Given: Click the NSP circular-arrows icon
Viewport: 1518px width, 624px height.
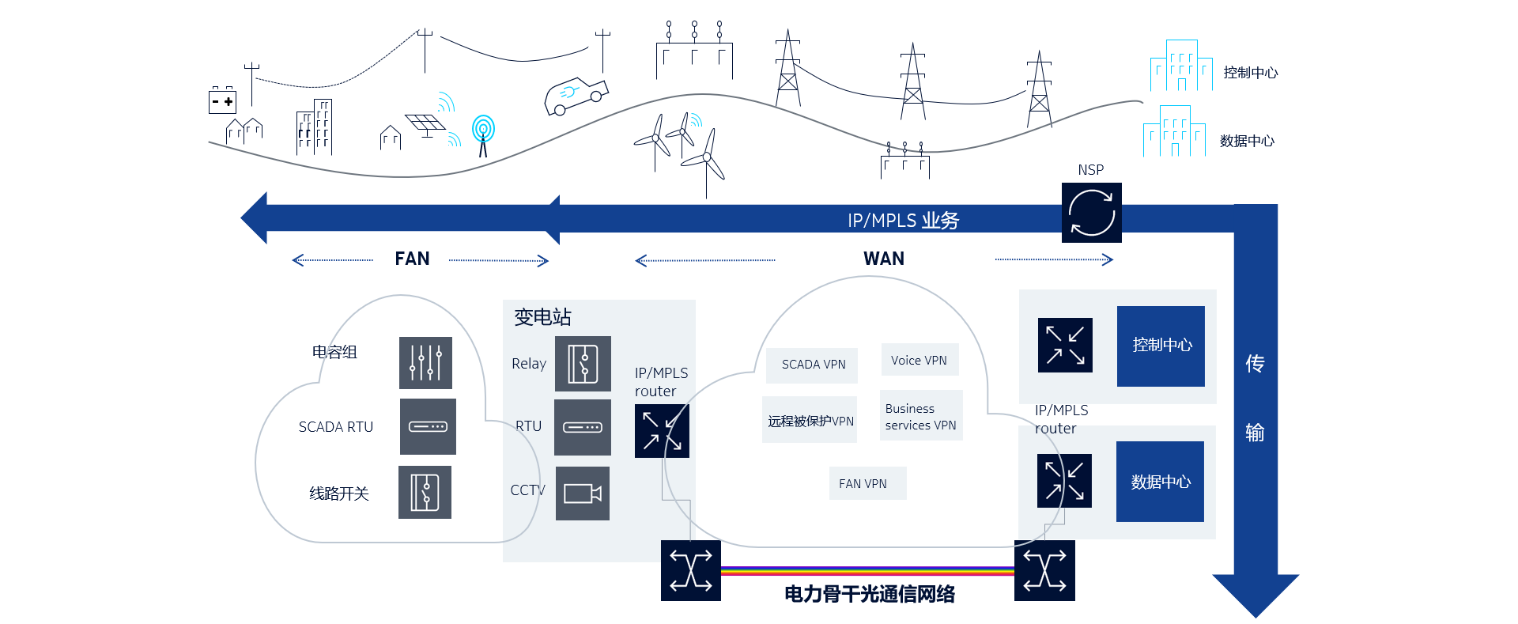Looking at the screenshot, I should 1091,213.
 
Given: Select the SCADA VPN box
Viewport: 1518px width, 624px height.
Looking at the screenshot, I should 813,364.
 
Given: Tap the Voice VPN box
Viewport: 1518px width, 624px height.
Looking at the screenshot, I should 919,360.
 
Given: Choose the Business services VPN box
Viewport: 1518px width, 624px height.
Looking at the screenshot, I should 920,416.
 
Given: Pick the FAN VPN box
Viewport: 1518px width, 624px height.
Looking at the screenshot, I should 863,483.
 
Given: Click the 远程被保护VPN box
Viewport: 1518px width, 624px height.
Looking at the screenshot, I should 810,421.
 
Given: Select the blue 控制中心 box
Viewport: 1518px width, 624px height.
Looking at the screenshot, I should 1161,346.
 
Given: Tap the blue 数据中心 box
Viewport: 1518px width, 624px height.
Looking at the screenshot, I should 1160,482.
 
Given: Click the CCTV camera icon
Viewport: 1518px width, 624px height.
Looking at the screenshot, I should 583,494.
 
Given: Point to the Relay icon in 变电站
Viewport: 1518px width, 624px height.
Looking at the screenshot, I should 583,364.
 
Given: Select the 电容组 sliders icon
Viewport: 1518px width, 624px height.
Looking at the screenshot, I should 425,363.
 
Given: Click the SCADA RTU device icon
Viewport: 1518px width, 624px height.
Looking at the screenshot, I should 428,426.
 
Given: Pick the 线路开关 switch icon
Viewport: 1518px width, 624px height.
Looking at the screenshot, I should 425,492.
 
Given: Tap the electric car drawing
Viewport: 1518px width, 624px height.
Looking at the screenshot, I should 576,95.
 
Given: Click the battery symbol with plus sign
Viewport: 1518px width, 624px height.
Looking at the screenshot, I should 222,101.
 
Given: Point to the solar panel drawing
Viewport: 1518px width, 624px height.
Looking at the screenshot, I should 425,124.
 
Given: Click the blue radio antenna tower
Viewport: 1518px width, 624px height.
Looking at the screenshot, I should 483,133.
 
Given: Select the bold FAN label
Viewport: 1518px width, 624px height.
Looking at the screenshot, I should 412,259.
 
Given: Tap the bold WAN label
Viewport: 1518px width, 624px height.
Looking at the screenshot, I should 884,259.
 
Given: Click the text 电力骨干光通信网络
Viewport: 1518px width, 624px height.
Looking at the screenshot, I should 869,594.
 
